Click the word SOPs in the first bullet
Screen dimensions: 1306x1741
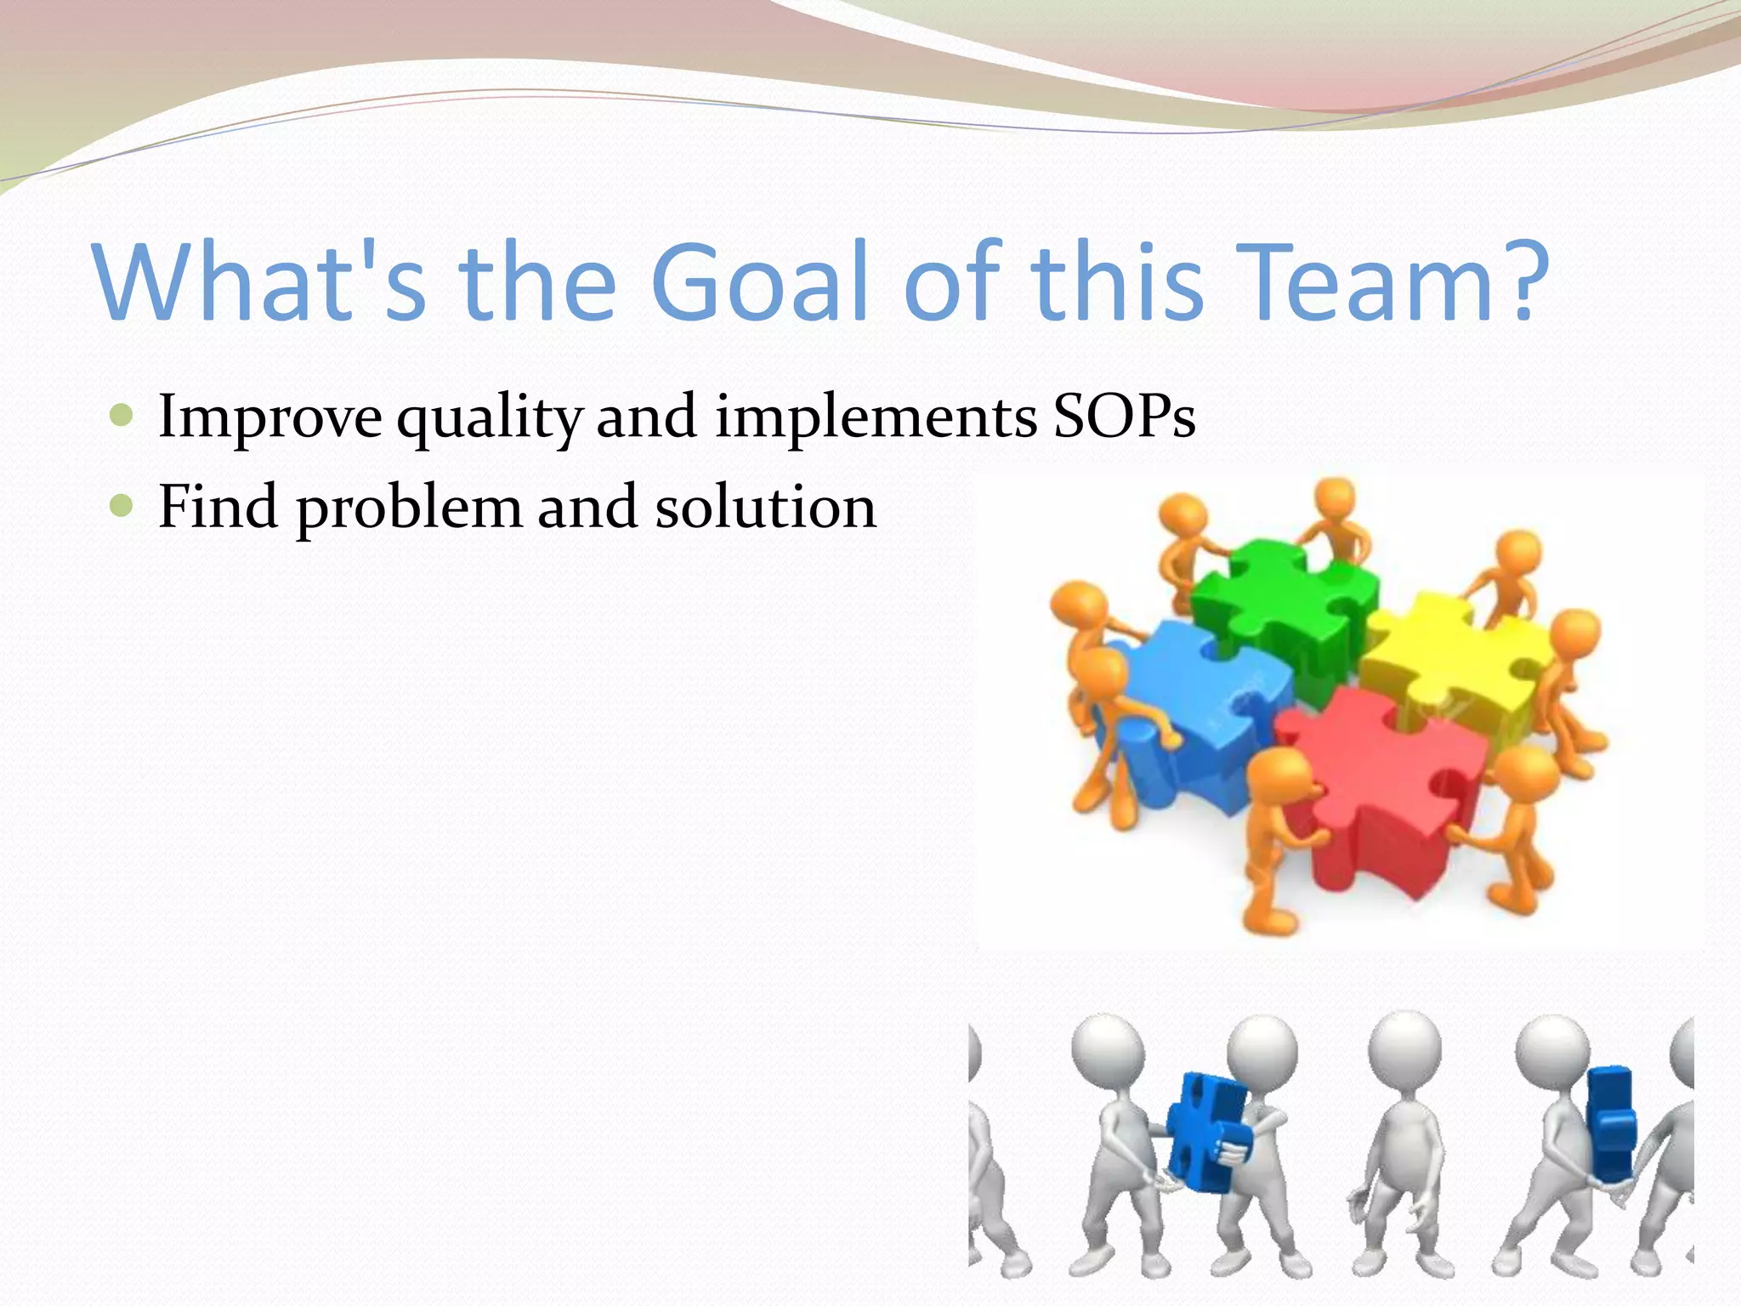[x=1124, y=417]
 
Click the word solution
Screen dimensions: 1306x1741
[x=765, y=508]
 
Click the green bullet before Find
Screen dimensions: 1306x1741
[x=122, y=507]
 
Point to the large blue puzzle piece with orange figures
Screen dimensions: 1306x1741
[x=1199, y=697]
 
